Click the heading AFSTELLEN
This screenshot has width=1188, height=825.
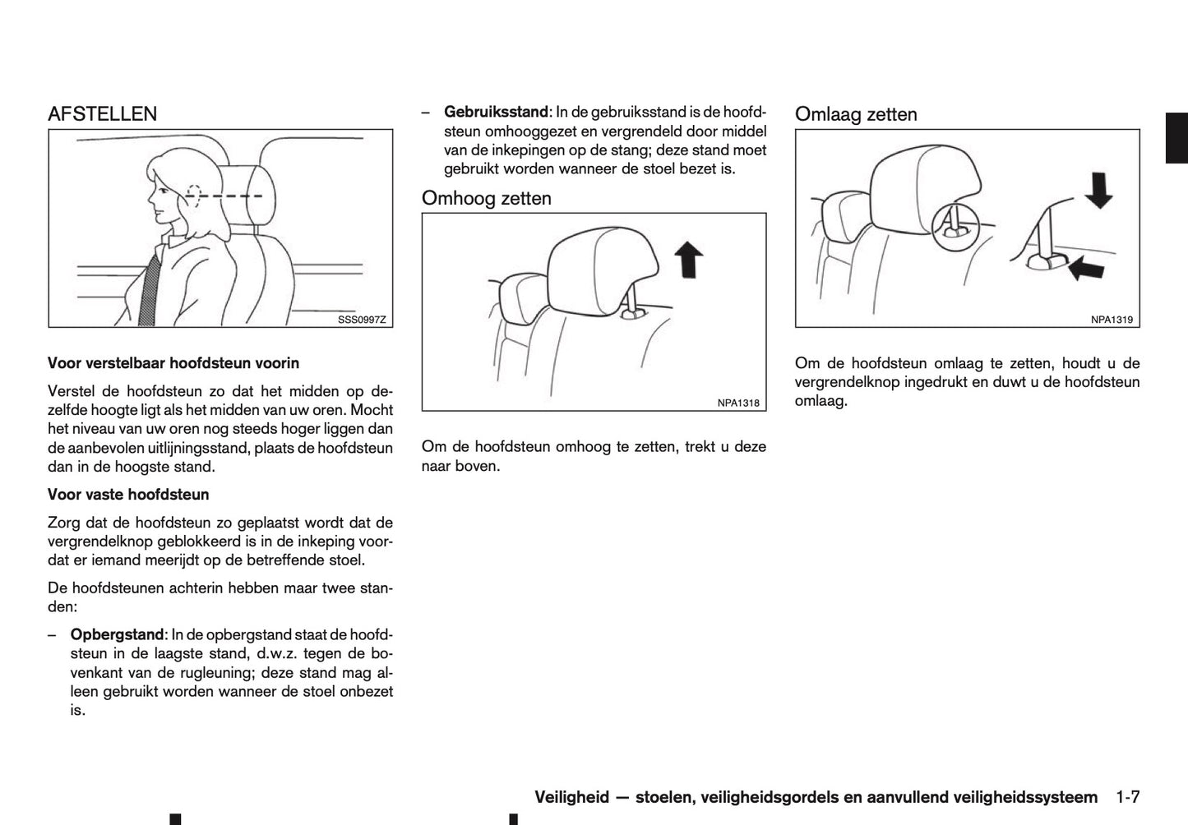[102, 113]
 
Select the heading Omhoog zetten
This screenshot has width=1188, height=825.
[486, 198]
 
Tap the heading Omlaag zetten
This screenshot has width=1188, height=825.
[856, 114]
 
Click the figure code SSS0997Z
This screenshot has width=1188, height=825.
[361, 320]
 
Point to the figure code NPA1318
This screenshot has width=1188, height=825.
[737, 403]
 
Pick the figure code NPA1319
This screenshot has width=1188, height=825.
[1112, 320]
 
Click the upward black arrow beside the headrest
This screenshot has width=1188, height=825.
[688, 260]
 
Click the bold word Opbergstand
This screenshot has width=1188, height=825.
[117, 634]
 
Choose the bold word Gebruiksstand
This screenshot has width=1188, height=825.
[496, 112]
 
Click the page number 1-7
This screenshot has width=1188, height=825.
[1127, 797]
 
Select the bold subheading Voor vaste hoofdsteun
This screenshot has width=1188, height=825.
[128, 495]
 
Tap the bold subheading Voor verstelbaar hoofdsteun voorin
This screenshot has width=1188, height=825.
[173, 363]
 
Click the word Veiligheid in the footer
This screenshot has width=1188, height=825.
[571, 797]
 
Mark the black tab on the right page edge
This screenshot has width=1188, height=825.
[1176, 139]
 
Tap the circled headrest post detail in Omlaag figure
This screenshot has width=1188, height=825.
[955, 222]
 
